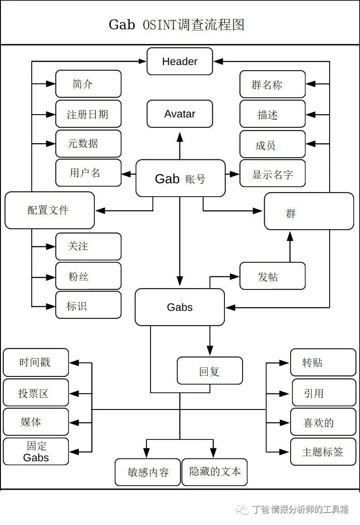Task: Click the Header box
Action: coord(180,61)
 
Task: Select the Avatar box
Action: coord(180,114)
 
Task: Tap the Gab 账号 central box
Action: coord(180,178)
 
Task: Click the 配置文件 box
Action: coord(49,210)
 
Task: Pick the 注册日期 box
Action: coord(88,114)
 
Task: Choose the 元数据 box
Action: coord(88,144)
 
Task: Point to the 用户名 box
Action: coord(88,173)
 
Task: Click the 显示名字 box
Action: coord(272,174)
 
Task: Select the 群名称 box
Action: coord(272,84)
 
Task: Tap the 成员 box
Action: coord(272,144)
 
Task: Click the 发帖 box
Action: coord(272,276)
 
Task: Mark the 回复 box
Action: coord(209,371)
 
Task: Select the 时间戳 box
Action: coord(36,362)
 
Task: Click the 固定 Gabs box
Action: coord(36,451)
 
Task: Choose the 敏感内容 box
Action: coord(148,472)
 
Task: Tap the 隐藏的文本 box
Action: coord(215,472)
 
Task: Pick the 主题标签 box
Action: coord(323,452)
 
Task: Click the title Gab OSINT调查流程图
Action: coord(177,24)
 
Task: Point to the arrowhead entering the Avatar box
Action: coord(180,136)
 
